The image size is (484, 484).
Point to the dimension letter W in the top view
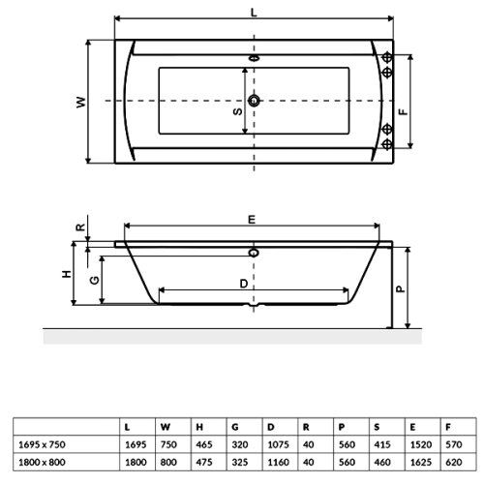coord(81,102)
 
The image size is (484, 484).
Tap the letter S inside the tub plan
coord(239,112)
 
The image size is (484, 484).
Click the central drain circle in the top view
coord(255,101)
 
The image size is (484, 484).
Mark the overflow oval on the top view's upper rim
coord(255,56)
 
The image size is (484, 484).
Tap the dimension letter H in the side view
coord(68,274)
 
